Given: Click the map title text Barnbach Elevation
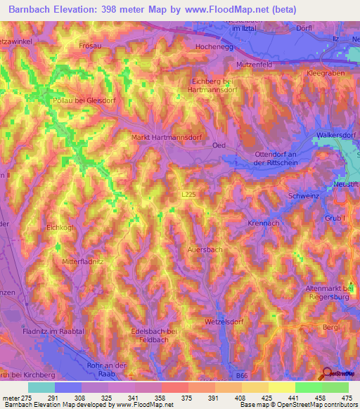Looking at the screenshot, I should coord(53,10).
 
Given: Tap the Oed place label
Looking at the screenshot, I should coord(219,145).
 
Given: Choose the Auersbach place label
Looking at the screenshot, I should coord(205,249).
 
